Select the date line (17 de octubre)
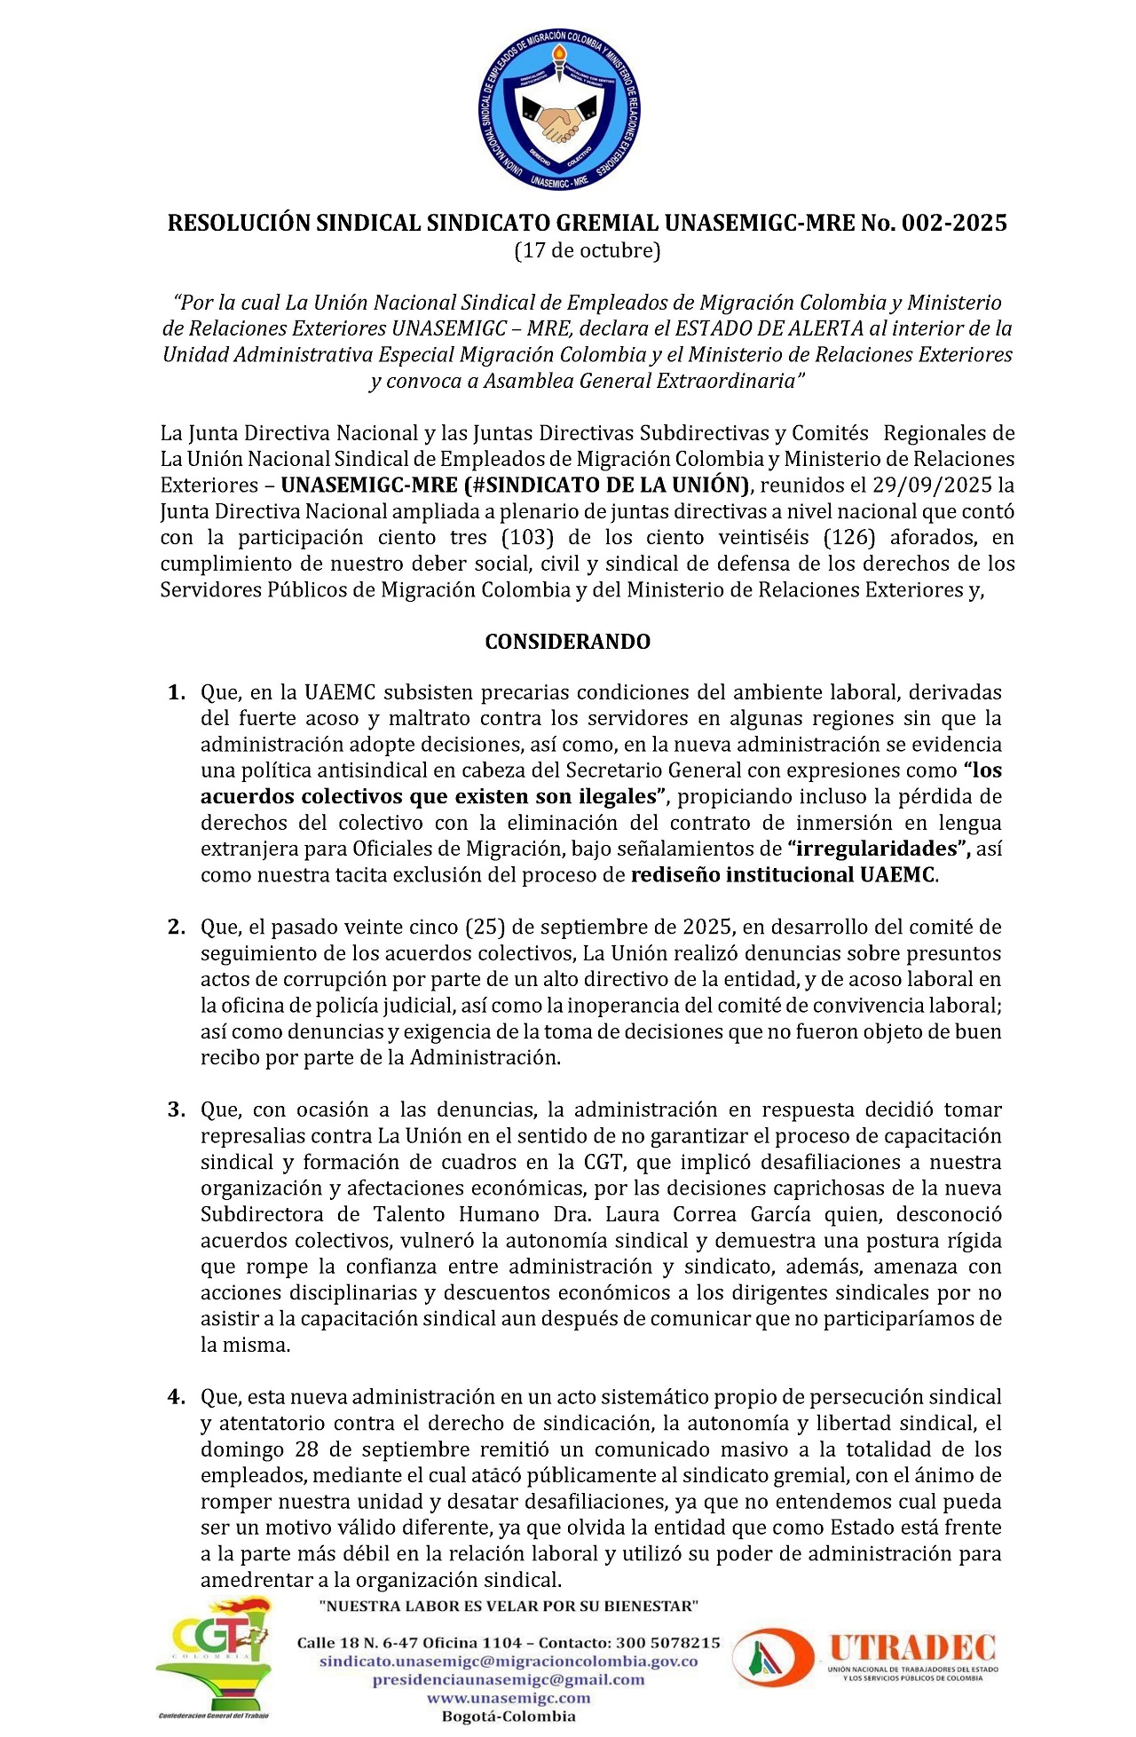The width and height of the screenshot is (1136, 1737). (x=588, y=250)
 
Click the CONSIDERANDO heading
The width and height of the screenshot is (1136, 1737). (x=567, y=642)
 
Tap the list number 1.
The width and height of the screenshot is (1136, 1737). (x=176, y=692)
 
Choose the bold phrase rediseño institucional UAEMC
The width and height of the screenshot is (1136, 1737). (x=783, y=875)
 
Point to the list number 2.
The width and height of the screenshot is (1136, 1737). (x=176, y=928)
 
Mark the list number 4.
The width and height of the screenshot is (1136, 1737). (x=176, y=1397)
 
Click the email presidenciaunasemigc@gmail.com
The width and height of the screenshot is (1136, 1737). (x=508, y=1679)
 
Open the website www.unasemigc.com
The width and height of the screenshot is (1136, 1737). (x=508, y=1697)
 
